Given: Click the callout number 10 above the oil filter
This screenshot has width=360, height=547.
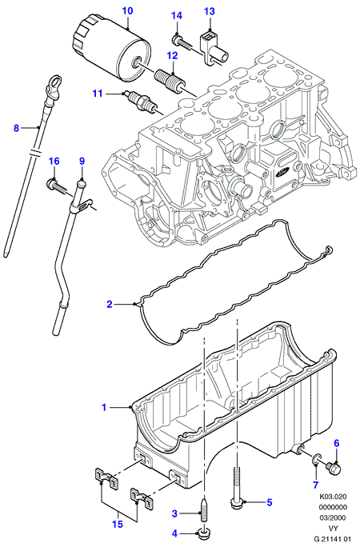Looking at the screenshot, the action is click(x=128, y=11).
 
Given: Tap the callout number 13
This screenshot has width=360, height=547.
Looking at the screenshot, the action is click(x=210, y=12).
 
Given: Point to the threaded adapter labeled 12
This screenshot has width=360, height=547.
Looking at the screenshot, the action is click(x=170, y=80).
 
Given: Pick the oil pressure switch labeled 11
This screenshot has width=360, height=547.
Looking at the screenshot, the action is click(x=140, y=101).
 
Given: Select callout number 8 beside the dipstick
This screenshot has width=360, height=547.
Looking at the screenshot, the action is click(x=16, y=128).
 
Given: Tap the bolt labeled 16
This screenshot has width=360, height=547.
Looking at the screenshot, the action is click(x=58, y=187).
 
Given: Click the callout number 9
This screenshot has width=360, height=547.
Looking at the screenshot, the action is click(x=82, y=162).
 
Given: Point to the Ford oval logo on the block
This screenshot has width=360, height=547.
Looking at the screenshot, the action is click(x=283, y=172).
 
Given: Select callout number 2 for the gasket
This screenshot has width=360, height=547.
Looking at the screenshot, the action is click(x=110, y=305).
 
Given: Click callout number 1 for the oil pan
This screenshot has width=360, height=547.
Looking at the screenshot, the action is click(x=104, y=407).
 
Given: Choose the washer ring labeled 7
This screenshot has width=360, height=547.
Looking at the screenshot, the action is click(x=315, y=461).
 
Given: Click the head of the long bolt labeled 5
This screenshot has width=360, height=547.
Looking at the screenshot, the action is click(x=235, y=502).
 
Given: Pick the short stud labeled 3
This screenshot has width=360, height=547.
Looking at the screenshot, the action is click(x=202, y=512).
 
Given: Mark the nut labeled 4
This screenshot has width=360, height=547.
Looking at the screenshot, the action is click(x=202, y=533).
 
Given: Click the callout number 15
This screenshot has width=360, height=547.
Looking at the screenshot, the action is click(x=118, y=524).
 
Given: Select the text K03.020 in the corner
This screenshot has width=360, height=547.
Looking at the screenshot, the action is click(x=333, y=497).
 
